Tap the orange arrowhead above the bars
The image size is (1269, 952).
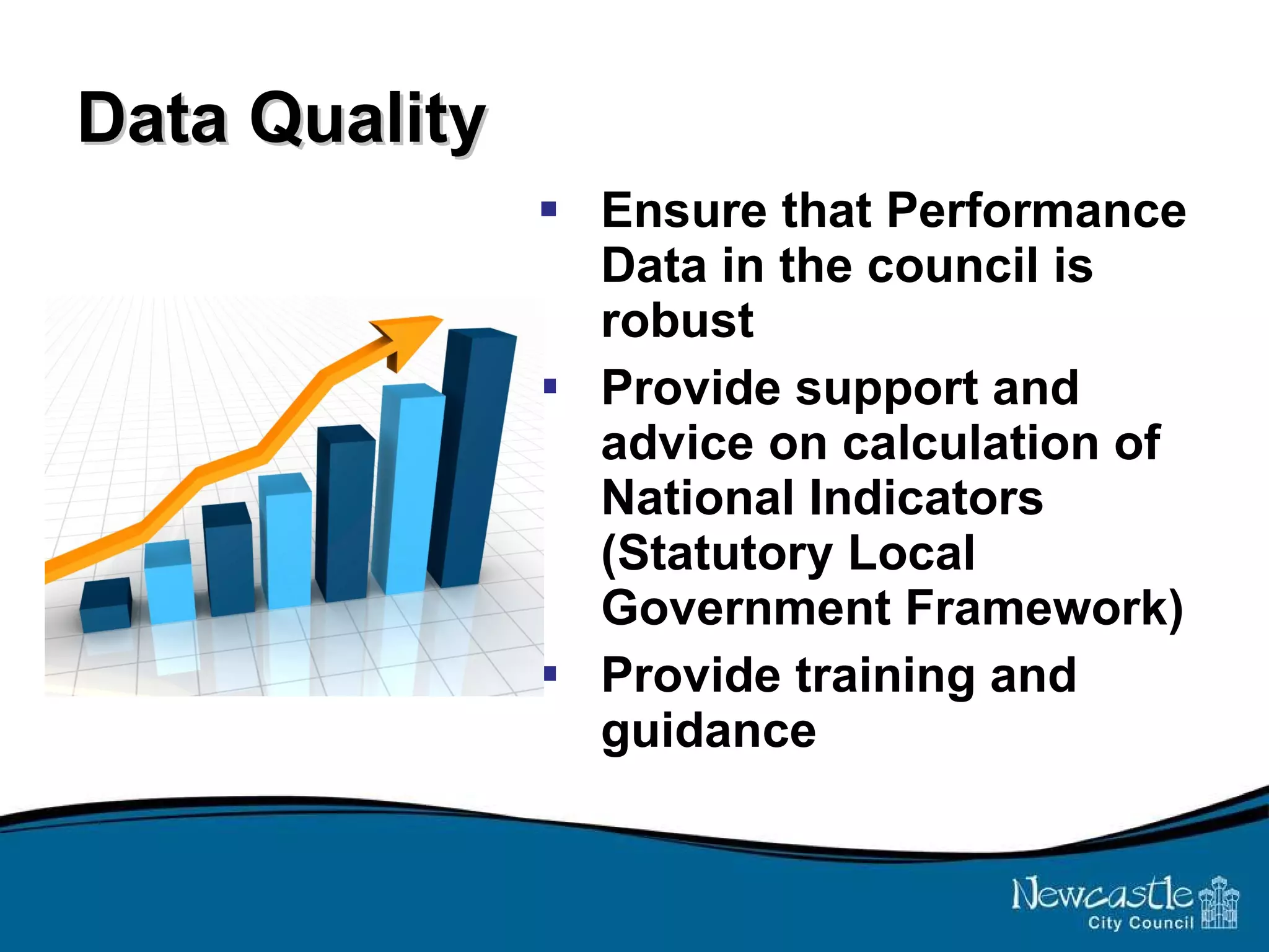(406, 338)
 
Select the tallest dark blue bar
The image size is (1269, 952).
(474, 459)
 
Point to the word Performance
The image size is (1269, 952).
(1036, 211)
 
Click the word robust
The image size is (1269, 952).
(677, 321)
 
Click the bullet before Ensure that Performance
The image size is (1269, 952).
(548, 209)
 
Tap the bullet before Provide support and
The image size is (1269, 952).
(550, 387)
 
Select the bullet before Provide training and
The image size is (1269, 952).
(550, 673)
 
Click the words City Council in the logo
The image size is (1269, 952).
(1140, 923)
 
